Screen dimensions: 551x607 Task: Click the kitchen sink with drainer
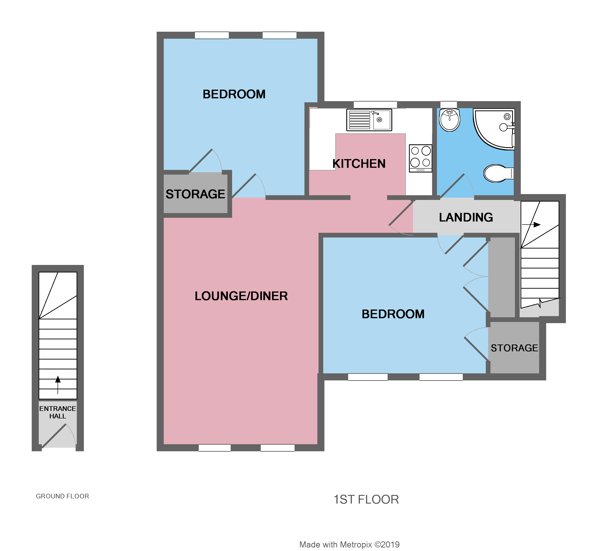[369, 120]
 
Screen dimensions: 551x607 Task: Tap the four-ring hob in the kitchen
[420, 158]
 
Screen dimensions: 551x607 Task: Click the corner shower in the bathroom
[494, 128]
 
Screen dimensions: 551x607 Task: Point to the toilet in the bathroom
[497, 173]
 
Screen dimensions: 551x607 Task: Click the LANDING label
[466, 217]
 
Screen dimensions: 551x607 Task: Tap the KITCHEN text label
[359, 164]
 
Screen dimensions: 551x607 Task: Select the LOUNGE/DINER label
[241, 296]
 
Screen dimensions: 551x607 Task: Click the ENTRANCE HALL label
[58, 412]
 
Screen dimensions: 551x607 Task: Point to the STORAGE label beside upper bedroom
[195, 194]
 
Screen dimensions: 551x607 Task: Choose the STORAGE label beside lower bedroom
[514, 348]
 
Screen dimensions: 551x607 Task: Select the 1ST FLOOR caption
[366, 500]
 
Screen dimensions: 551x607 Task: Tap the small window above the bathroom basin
[448, 104]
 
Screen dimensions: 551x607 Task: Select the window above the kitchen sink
[375, 105]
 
